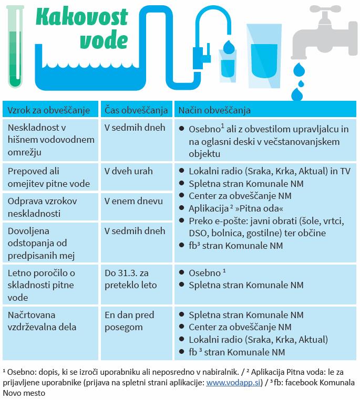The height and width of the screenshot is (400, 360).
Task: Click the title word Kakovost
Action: (x=83, y=17)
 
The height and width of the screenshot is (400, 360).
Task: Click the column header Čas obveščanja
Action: (x=136, y=110)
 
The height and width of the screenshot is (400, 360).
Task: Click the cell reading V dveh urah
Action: (x=128, y=171)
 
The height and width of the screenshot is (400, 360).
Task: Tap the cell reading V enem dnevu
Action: (x=133, y=201)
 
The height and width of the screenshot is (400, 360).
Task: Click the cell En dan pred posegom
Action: (x=129, y=321)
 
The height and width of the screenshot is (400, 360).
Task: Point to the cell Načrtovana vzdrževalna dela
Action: (x=40, y=321)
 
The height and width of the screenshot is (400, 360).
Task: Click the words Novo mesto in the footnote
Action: (x=24, y=393)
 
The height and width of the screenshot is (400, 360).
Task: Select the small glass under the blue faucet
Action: (x=228, y=66)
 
